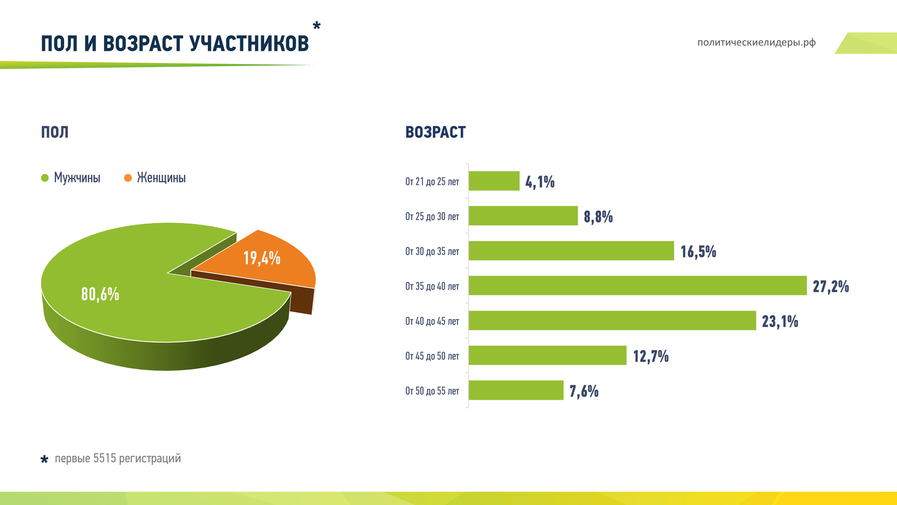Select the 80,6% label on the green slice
pyautogui.click(x=100, y=294)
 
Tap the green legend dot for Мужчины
pyautogui.click(x=45, y=178)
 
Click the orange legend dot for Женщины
pyautogui.click(x=128, y=178)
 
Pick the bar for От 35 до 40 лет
pyautogui.click(x=637, y=285)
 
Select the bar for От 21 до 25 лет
pyautogui.click(x=494, y=181)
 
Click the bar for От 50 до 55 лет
pyautogui.click(x=516, y=390)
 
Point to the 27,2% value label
pyautogui.click(x=830, y=287)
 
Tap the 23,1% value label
pyautogui.click(x=780, y=322)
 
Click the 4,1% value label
pyautogui.click(x=540, y=182)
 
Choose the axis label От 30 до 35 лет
pyautogui.click(x=432, y=251)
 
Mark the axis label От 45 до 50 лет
pyautogui.click(x=432, y=356)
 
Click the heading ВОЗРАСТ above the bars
pyautogui.click(x=435, y=132)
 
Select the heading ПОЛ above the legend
pyautogui.click(x=54, y=132)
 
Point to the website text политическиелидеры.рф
pyautogui.click(x=756, y=42)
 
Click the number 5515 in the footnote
pyautogui.click(x=104, y=459)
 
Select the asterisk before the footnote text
pyautogui.click(x=44, y=459)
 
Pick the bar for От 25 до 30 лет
pyautogui.click(x=523, y=215)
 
